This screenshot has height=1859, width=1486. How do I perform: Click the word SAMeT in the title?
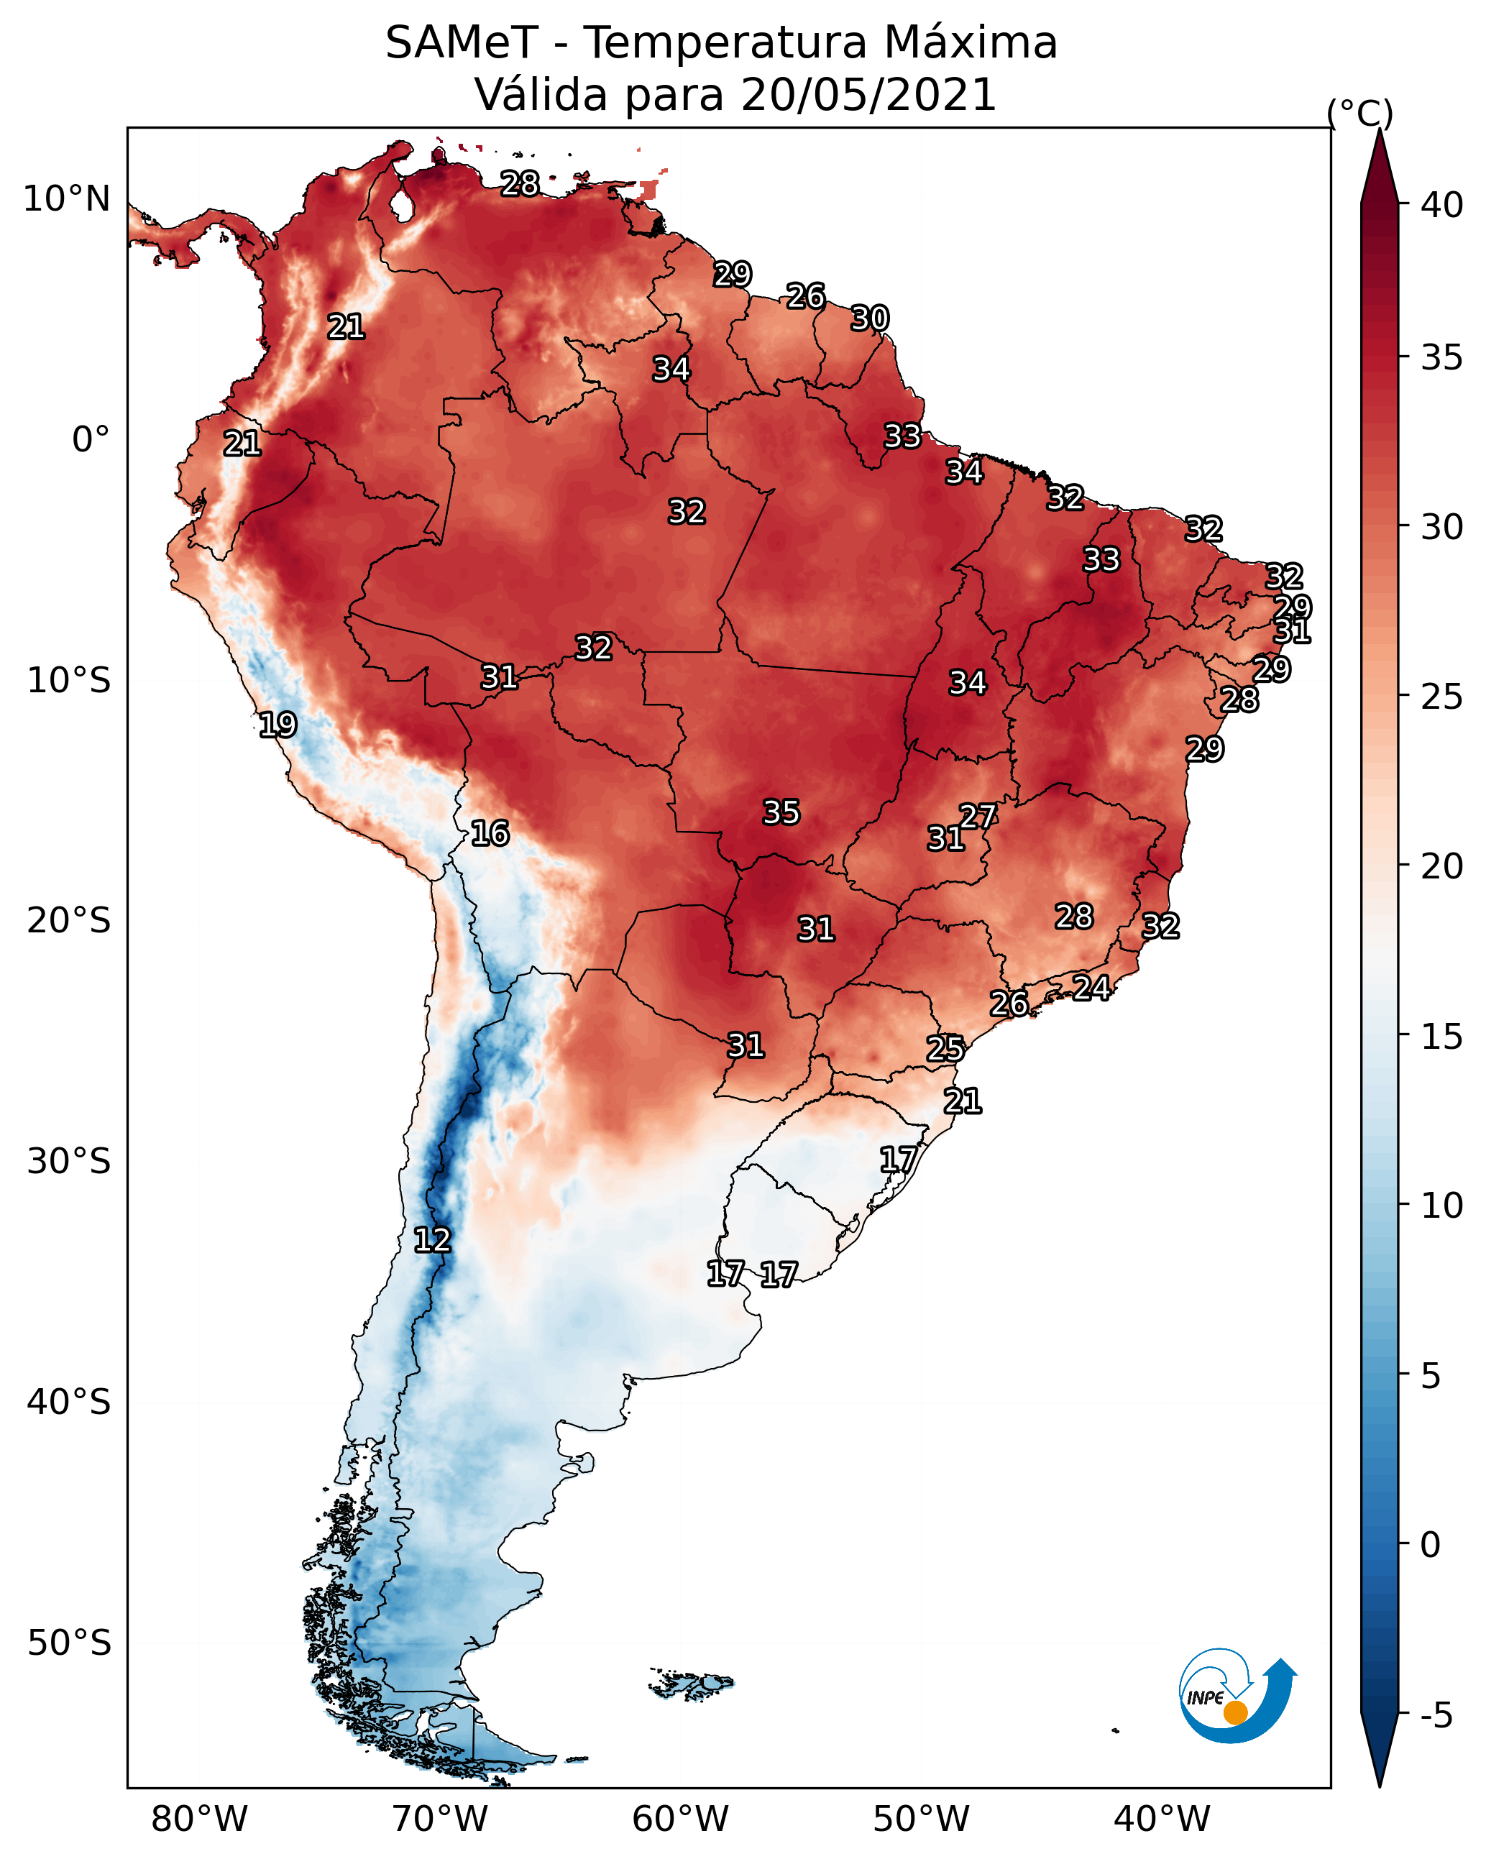click(x=462, y=43)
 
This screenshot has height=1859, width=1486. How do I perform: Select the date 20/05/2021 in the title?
click(x=868, y=95)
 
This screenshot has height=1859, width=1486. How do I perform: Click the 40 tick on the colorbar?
click(x=1442, y=205)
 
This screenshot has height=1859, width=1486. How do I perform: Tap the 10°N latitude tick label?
click(x=66, y=199)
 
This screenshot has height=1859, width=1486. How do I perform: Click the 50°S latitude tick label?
click(x=69, y=1643)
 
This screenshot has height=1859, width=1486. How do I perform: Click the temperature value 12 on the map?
click(x=432, y=1240)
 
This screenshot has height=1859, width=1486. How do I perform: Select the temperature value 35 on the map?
click(x=781, y=812)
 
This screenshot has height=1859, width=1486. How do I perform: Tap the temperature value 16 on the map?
click(x=490, y=833)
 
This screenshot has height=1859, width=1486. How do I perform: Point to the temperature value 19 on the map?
click(x=278, y=725)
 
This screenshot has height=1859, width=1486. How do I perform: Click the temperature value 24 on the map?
click(x=1091, y=987)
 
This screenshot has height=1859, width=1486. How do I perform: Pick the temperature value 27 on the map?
click(x=978, y=817)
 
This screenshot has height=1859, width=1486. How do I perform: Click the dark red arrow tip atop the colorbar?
click(x=1379, y=131)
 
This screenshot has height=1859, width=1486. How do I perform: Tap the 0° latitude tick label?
click(x=91, y=440)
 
